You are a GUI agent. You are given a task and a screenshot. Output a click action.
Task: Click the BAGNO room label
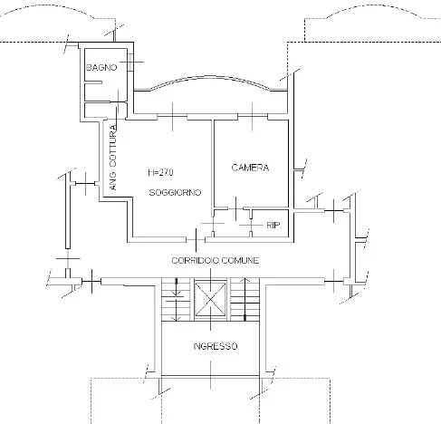pyautogui.click(x=101, y=67)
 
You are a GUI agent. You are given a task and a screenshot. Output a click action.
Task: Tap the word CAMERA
pyautogui.click(x=250, y=168)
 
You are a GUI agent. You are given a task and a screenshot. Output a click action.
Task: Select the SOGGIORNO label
pyautogui.click(x=175, y=192)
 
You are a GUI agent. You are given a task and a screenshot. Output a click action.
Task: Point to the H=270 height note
pyautogui.click(x=160, y=172)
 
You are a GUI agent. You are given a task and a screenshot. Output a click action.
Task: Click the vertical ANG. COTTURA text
pyautogui.click(x=113, y=158)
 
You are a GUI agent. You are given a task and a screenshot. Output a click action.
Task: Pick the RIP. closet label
pyautogui.click(x=274, y=225)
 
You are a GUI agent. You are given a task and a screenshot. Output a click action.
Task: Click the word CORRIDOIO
pyautogui.click(x=195, y=260)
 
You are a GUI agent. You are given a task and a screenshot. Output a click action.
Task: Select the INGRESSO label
pyautogui.click(x=216, y=346)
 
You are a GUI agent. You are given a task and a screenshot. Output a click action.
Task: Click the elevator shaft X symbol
pyautogui.click(x=210, y=299)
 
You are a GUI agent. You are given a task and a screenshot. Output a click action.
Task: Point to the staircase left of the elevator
pyautogui.click(x=177, y=299)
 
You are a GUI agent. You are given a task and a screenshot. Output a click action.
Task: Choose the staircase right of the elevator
pyautogui.click(x=244, y=299)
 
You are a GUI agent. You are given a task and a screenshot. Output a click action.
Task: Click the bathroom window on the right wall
pyautogui.click(x=130, y=62)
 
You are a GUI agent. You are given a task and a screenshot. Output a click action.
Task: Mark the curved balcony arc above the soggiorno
pyautogui.click(x=210, y=77)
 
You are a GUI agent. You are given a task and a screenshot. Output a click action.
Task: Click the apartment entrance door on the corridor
pyautogui.click(x=196, y=240)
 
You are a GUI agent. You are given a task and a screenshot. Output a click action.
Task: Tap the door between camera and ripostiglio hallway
pyautogui.click(x=235, y=208)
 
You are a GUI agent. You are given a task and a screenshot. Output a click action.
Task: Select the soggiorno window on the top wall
pyautogui.click(x=172, y=117)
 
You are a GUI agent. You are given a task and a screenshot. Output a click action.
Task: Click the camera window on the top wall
pyautogui.click(x=253, y=117)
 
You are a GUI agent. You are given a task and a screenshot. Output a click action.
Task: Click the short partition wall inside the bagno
pyautogui.click(x=93, y=82)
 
